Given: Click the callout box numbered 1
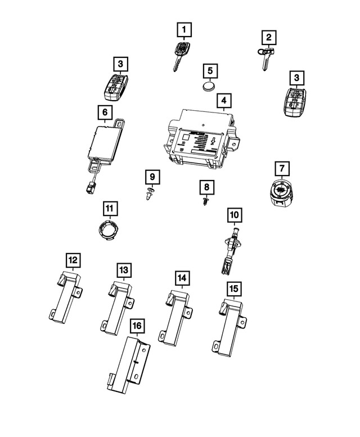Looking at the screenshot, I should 184,28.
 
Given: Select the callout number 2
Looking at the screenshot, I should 269,38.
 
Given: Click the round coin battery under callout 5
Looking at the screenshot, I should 209,87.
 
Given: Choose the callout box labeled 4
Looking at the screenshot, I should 223,101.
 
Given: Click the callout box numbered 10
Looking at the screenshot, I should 234,214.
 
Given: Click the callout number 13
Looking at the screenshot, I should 123,270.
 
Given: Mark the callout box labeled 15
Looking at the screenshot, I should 233,289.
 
